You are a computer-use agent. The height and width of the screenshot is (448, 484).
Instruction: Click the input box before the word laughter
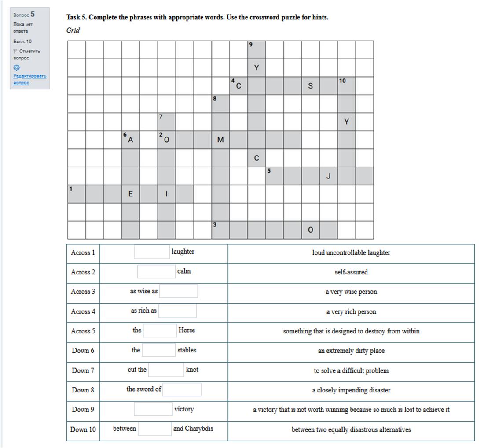tap(152, 252)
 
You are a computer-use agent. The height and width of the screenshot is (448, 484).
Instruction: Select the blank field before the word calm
tap(156, 272)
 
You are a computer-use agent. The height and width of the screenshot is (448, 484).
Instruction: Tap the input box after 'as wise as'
tap(178, 291)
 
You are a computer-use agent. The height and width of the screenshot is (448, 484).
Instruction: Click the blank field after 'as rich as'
tap(177, 311)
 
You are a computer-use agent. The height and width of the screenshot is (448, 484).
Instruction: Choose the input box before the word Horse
tap(160, 330)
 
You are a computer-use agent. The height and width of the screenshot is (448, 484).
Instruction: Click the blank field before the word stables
tap(158, 350)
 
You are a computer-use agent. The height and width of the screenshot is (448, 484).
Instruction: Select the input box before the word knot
tap(166, 370)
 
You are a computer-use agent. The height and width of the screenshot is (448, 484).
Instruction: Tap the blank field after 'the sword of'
tap(182, 389)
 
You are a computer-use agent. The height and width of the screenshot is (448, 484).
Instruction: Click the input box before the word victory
tap(153, 409)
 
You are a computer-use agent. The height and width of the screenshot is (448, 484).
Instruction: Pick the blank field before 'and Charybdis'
tap(154, 429)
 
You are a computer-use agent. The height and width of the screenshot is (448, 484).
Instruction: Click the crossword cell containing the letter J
tap(328, 176)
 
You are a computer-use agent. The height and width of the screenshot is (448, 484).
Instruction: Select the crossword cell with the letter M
tap(220, 140)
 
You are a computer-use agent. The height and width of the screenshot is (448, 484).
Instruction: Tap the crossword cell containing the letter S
tap(310, 86)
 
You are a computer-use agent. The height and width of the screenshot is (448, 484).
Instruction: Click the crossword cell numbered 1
tap(76, 194)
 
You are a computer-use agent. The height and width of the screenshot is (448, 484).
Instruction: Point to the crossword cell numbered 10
tap(346, 86)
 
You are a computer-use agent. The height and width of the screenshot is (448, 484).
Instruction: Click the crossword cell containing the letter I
tap(166, 194)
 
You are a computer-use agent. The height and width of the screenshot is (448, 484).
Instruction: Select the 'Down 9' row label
tap(83, 409)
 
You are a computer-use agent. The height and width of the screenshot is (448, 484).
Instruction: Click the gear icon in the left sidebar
tap(16, 68)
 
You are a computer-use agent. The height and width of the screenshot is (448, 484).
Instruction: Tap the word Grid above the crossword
tap(73, 30)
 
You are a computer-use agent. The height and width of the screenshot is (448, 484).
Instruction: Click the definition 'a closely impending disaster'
tap(351, 390)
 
